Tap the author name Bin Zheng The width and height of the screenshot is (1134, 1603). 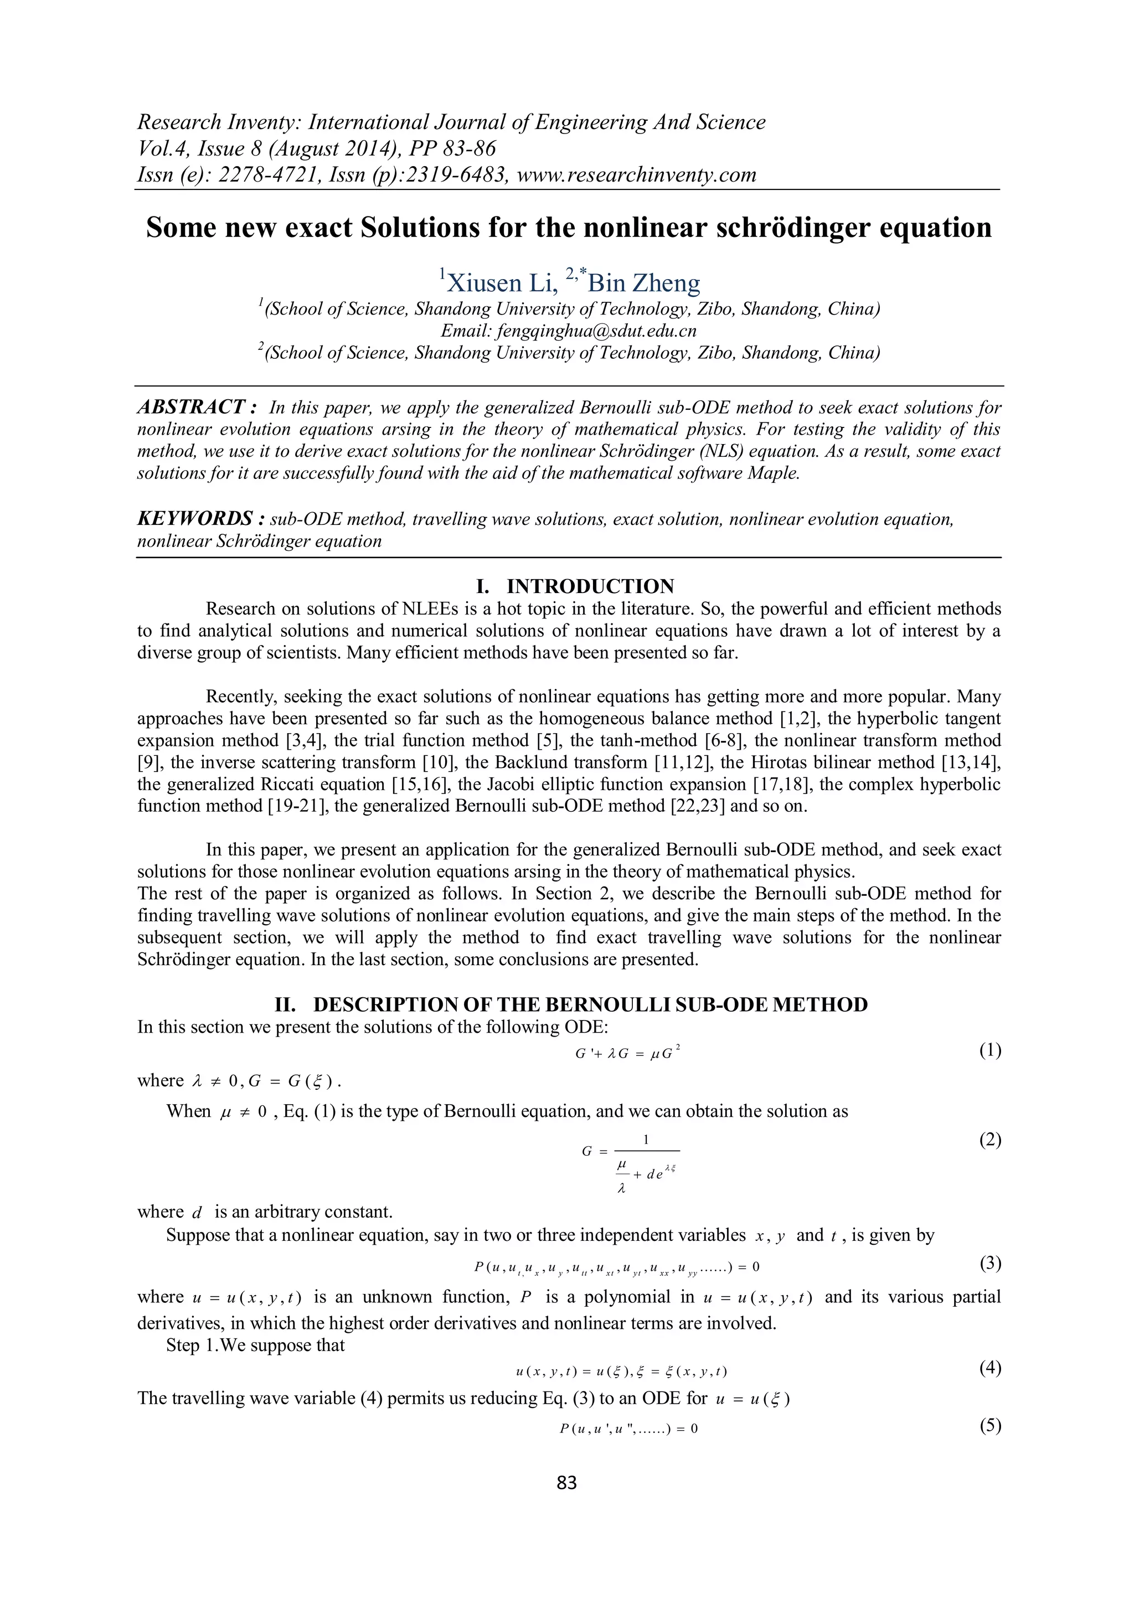pos(644,283)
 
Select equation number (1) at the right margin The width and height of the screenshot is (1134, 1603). pos(989,1050)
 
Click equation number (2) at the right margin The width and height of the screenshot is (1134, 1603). pos(989,1140)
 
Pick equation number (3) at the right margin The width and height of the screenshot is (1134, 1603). pos(989,1262)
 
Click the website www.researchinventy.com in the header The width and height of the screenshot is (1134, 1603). pos(636,174)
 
